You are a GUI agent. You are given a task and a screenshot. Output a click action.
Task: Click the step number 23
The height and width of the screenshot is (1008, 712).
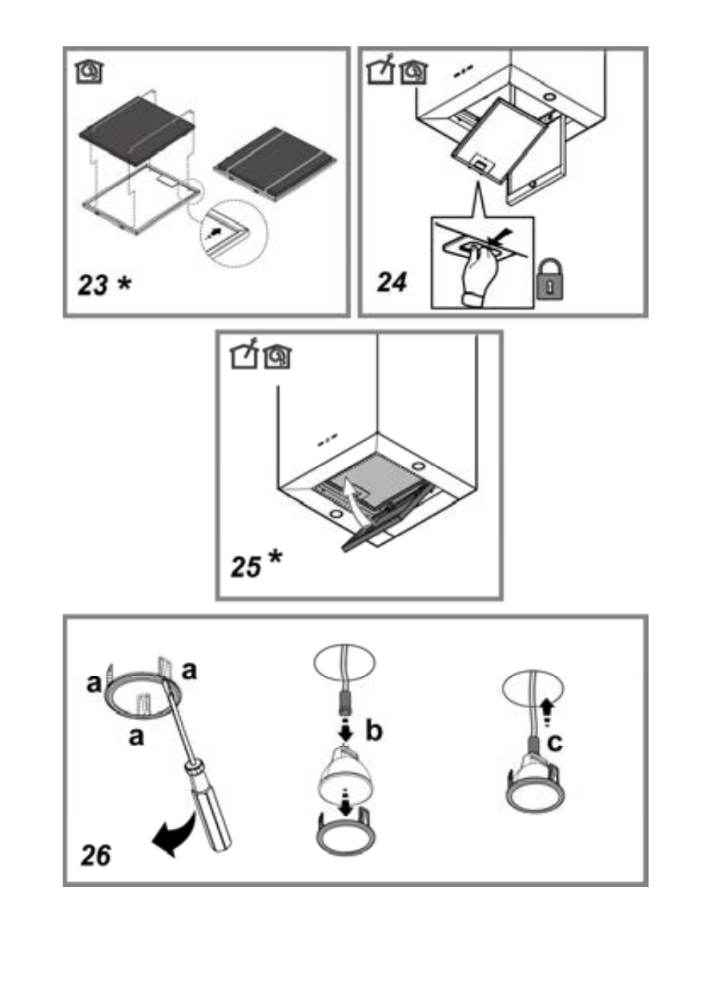pos(93,284)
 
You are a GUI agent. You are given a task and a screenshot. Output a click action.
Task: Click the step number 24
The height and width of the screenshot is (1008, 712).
pos(392,283)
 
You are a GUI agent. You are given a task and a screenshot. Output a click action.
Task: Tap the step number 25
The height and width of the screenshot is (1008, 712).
pos(246,566)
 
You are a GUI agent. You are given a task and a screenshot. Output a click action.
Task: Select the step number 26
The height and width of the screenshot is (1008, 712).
pos(96,855)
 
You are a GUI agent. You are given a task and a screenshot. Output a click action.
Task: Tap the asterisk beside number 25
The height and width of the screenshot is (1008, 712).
pos(275,558)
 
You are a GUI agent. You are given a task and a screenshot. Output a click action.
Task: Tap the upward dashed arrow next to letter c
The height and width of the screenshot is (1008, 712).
pos(546,713)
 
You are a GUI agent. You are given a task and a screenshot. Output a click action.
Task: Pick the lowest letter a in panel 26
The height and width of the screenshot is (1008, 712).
pos(137,736)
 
